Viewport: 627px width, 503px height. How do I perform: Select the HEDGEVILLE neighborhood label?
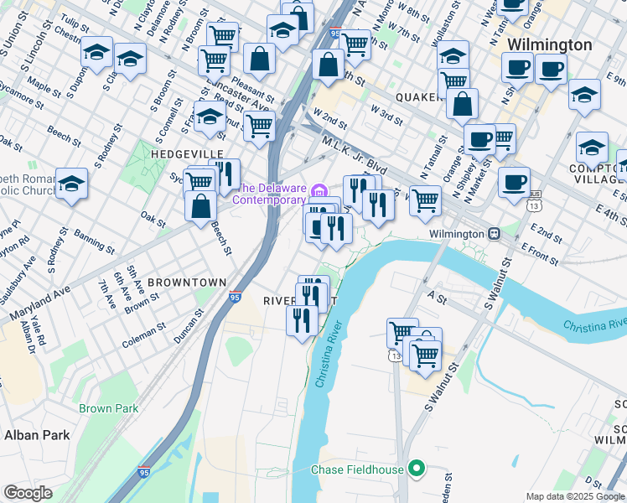pyautogui.click(x=187, y=154)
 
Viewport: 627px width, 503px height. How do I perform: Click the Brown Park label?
pyautogui.click(x=108, y=408)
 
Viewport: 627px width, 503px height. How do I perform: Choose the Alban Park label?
pyautogui.click(x=36, y=434)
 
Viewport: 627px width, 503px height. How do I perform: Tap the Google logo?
pyautogui.click(x=28, y=493)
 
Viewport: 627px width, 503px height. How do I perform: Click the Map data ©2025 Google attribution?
pyautogui.click(x=575, y=496)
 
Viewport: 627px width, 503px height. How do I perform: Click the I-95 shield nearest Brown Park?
pyautogui.click(x=143, y=473)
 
